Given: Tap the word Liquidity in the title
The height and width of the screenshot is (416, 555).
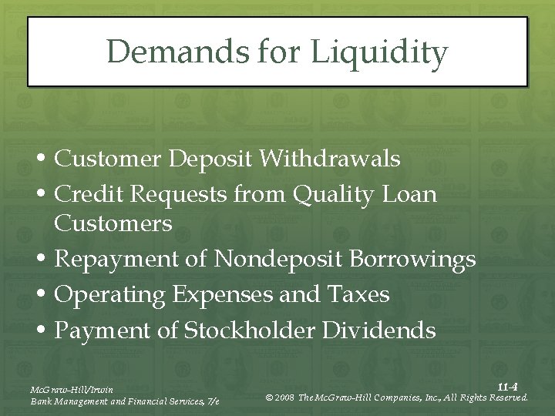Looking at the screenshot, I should click(x=378, y=52).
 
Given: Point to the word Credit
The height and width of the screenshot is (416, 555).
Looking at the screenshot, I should click(x=89, y=194).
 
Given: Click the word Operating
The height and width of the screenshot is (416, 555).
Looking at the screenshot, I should click(x=111, y=295).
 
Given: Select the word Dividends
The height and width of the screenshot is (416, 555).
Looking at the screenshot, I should click(x=378, y=330).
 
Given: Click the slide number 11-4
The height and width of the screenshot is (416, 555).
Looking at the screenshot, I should click(x=507, y=386).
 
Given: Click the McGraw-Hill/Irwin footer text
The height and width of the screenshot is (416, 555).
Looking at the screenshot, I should click(x=72, y=390).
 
